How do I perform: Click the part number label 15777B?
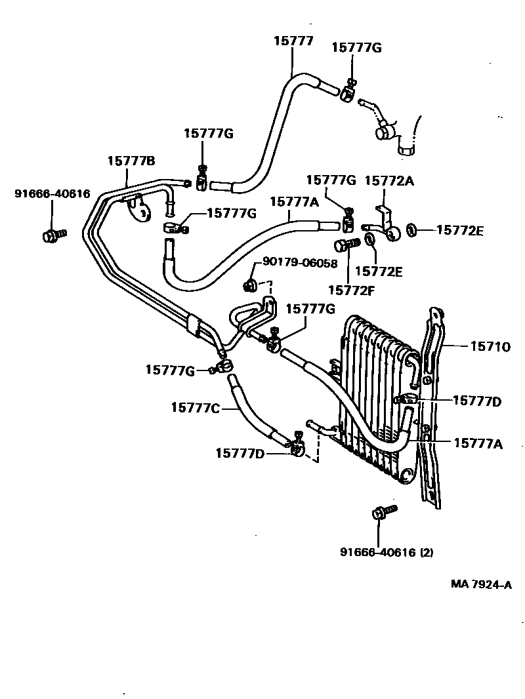click(x=131, y=161)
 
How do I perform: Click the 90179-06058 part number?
click(x=300, y=263)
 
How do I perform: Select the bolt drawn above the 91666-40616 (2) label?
click(x=384, y=513)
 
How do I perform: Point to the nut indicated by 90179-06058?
click(x=250, y=285)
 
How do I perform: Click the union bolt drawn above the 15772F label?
click(x=344, y=247)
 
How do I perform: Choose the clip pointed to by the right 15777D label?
click(x=408, y=399)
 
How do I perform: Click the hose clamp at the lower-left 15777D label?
click(x=297, y=448)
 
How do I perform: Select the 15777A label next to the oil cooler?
click(x=478, y=444)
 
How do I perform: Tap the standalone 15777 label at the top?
click(x=293, y=41)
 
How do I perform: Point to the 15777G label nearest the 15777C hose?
click(x=170, y=371)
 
